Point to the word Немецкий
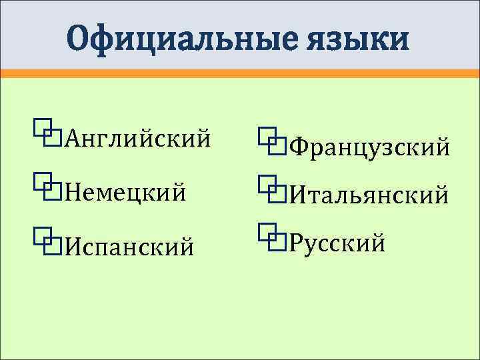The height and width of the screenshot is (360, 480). click(127, 193)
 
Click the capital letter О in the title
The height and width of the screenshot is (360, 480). click(81, 38)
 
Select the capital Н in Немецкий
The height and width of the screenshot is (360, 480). click(71, 193)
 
